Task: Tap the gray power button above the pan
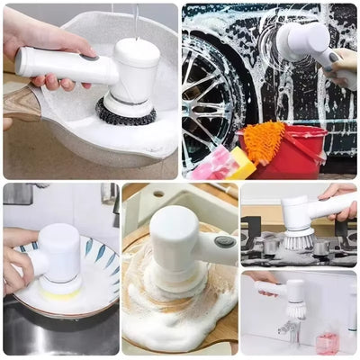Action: [x=90, y=57]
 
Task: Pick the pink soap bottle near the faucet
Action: [x=326, y=340]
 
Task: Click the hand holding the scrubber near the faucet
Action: [x=264, y=285]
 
